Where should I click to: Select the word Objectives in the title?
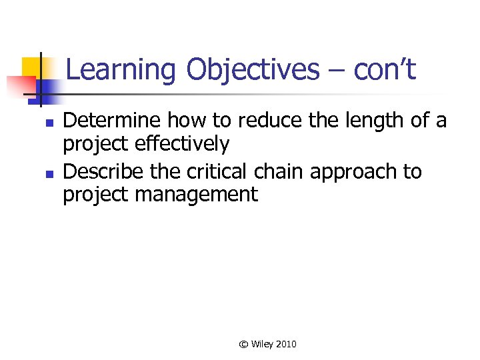pos(253,69)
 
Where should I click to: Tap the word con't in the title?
pos(385,69)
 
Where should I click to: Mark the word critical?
pos(215,171)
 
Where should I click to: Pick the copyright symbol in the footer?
pos(244,345)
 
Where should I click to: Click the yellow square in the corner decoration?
pos(31,67)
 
